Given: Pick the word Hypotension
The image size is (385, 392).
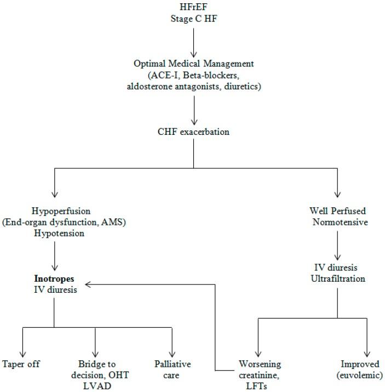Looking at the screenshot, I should pyautogui.click(x=54, y=232).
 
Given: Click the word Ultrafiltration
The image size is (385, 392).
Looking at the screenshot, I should pyautogui.click(x=337, y=279).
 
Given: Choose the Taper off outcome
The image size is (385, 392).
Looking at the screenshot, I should pyautogui.click(x=21, y=364).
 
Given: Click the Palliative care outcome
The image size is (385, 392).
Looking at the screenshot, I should pyautogui.click(x=171, y=370).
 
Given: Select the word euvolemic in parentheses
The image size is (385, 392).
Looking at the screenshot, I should pyautogui.click(x=360, y=375).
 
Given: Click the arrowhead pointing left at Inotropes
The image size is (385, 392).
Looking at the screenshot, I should pyautogui.click(x=89, y=285).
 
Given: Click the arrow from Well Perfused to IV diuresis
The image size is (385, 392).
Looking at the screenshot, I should pyautogui.click(x=337, y=244).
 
